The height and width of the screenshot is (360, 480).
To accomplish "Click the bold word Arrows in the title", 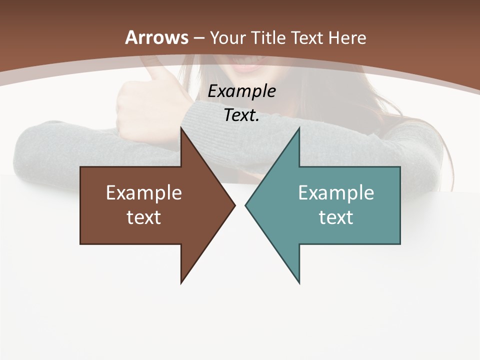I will [157, 37].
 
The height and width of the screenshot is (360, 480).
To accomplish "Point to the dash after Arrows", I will [198, 38].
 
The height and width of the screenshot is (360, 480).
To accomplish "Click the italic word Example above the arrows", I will [241, 91].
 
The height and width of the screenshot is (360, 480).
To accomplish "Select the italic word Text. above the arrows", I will [241, 115].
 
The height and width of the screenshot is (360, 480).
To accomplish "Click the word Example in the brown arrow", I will [143, 193].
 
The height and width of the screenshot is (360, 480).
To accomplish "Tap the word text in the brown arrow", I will [143, 217].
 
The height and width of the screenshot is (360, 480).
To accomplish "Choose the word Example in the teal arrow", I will [336, 193].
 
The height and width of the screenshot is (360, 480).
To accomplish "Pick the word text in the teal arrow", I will [336, 217].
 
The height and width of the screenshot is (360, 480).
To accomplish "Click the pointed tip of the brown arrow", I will [234, 205].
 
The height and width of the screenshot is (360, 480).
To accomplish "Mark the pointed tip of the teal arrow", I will [246, 205].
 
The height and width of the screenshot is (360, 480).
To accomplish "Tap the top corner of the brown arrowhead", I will [181, 129].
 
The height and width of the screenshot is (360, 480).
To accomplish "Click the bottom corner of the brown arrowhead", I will [181, 282].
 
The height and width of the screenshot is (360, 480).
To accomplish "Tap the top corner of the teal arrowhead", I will [299, 129].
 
